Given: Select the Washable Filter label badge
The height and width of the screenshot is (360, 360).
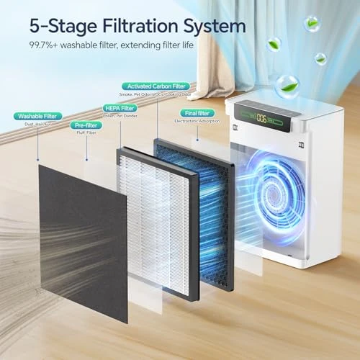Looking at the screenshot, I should (x=37, y=115).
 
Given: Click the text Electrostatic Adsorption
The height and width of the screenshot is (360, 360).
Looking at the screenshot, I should (x=196, y=122).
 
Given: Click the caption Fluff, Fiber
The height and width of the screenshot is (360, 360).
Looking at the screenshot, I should (x=86, y=133).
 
